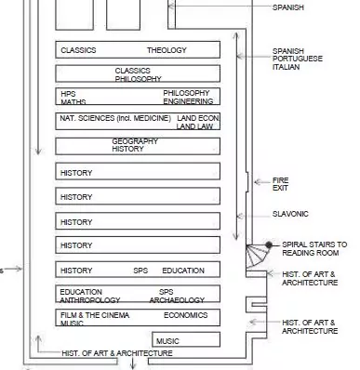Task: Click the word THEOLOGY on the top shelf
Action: (167, 50)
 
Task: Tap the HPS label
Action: (68, 94)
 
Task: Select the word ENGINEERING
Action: (188, 101)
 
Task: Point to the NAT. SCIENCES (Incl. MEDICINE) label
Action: (115, 118)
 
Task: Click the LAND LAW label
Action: (194, 126)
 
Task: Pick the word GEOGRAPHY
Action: (135, 141)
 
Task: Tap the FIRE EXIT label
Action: (280, 184)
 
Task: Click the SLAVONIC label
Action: (290, 214)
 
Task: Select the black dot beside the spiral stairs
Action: (269, 245)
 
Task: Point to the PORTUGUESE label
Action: (298, 59)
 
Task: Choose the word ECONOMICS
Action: (186, 315)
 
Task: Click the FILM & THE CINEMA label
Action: (95, 315)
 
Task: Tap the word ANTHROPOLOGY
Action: (90, 300)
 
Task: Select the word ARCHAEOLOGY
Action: (177, 300)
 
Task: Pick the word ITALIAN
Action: (286, 67)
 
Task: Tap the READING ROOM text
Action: (311, 253)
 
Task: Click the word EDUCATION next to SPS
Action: (183, 271)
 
